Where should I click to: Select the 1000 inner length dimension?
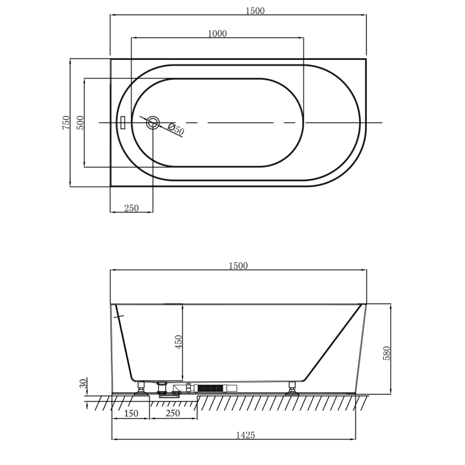click(217, 34)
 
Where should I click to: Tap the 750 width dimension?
click(66, 123)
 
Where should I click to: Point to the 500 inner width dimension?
click(80, 123)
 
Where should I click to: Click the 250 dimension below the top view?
click(131, 208)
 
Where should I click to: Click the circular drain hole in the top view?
click(153, 123)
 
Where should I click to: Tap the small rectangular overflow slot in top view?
click(123, 123)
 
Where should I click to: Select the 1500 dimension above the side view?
click(238, 266)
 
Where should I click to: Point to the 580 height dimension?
click(387, 353)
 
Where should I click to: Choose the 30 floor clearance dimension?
click(83, 384)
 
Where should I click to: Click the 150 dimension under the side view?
click(131, 413)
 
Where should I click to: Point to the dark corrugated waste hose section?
click(210, 388)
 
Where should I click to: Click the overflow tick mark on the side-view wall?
click(119, 317)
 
